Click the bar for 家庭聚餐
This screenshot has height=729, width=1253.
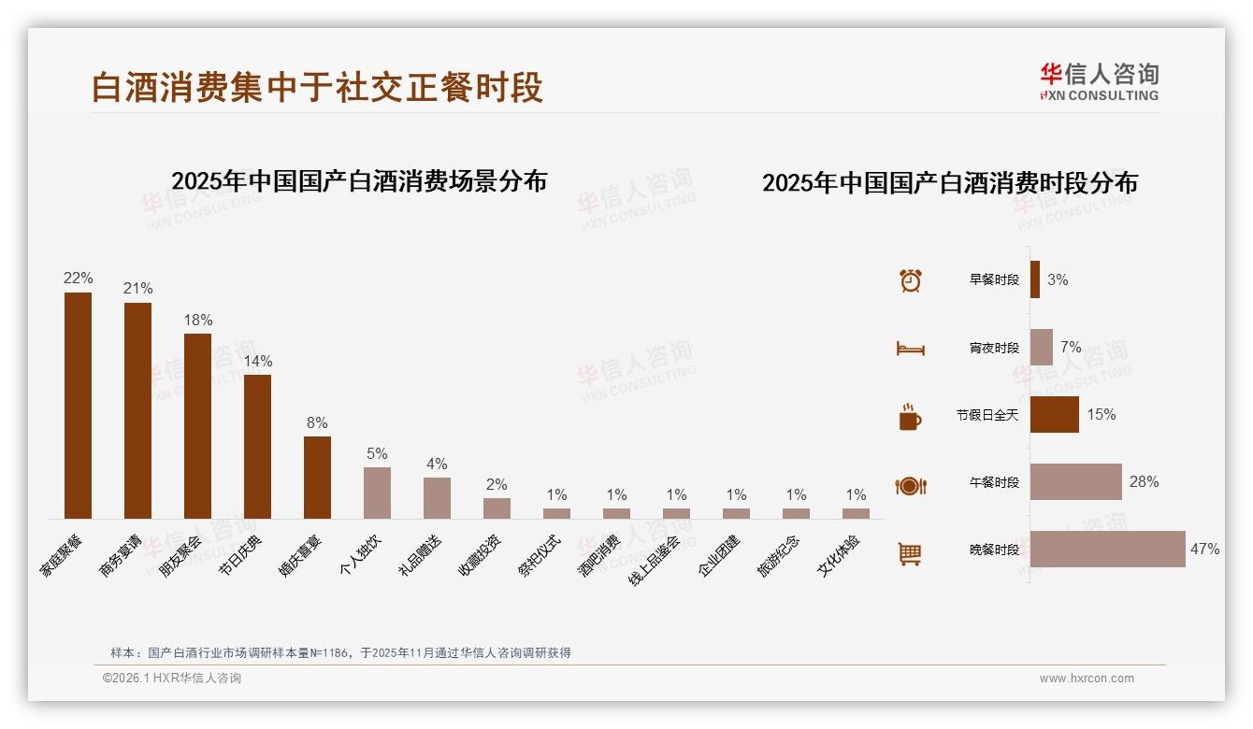[78, 406]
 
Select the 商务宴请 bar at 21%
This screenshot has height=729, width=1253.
[137, 410]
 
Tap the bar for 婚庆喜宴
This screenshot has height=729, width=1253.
[317, 477]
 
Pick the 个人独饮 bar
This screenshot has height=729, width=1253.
[377, 493]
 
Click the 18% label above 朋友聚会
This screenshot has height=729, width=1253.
[197, 320]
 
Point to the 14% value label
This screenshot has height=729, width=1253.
[257, 361]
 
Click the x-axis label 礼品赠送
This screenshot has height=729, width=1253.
[421, 555]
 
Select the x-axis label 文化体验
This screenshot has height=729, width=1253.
[839, 556]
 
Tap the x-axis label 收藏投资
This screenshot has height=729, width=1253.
[480, 555]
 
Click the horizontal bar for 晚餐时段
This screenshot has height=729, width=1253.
[1107, 550]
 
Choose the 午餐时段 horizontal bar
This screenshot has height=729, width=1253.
[1075, 482]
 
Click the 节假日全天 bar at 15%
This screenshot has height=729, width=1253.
[1054, 415]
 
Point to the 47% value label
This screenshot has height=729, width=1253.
[1204, 550]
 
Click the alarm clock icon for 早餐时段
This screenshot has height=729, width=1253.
[910, 280]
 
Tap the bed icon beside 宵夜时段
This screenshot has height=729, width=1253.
[910, 349]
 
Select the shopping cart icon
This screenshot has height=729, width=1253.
[910, 554]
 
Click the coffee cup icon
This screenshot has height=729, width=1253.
[910, 417]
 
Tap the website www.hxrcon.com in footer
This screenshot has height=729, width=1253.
[1087, 679]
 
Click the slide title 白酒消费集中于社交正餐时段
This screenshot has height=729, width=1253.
[317, 88]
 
